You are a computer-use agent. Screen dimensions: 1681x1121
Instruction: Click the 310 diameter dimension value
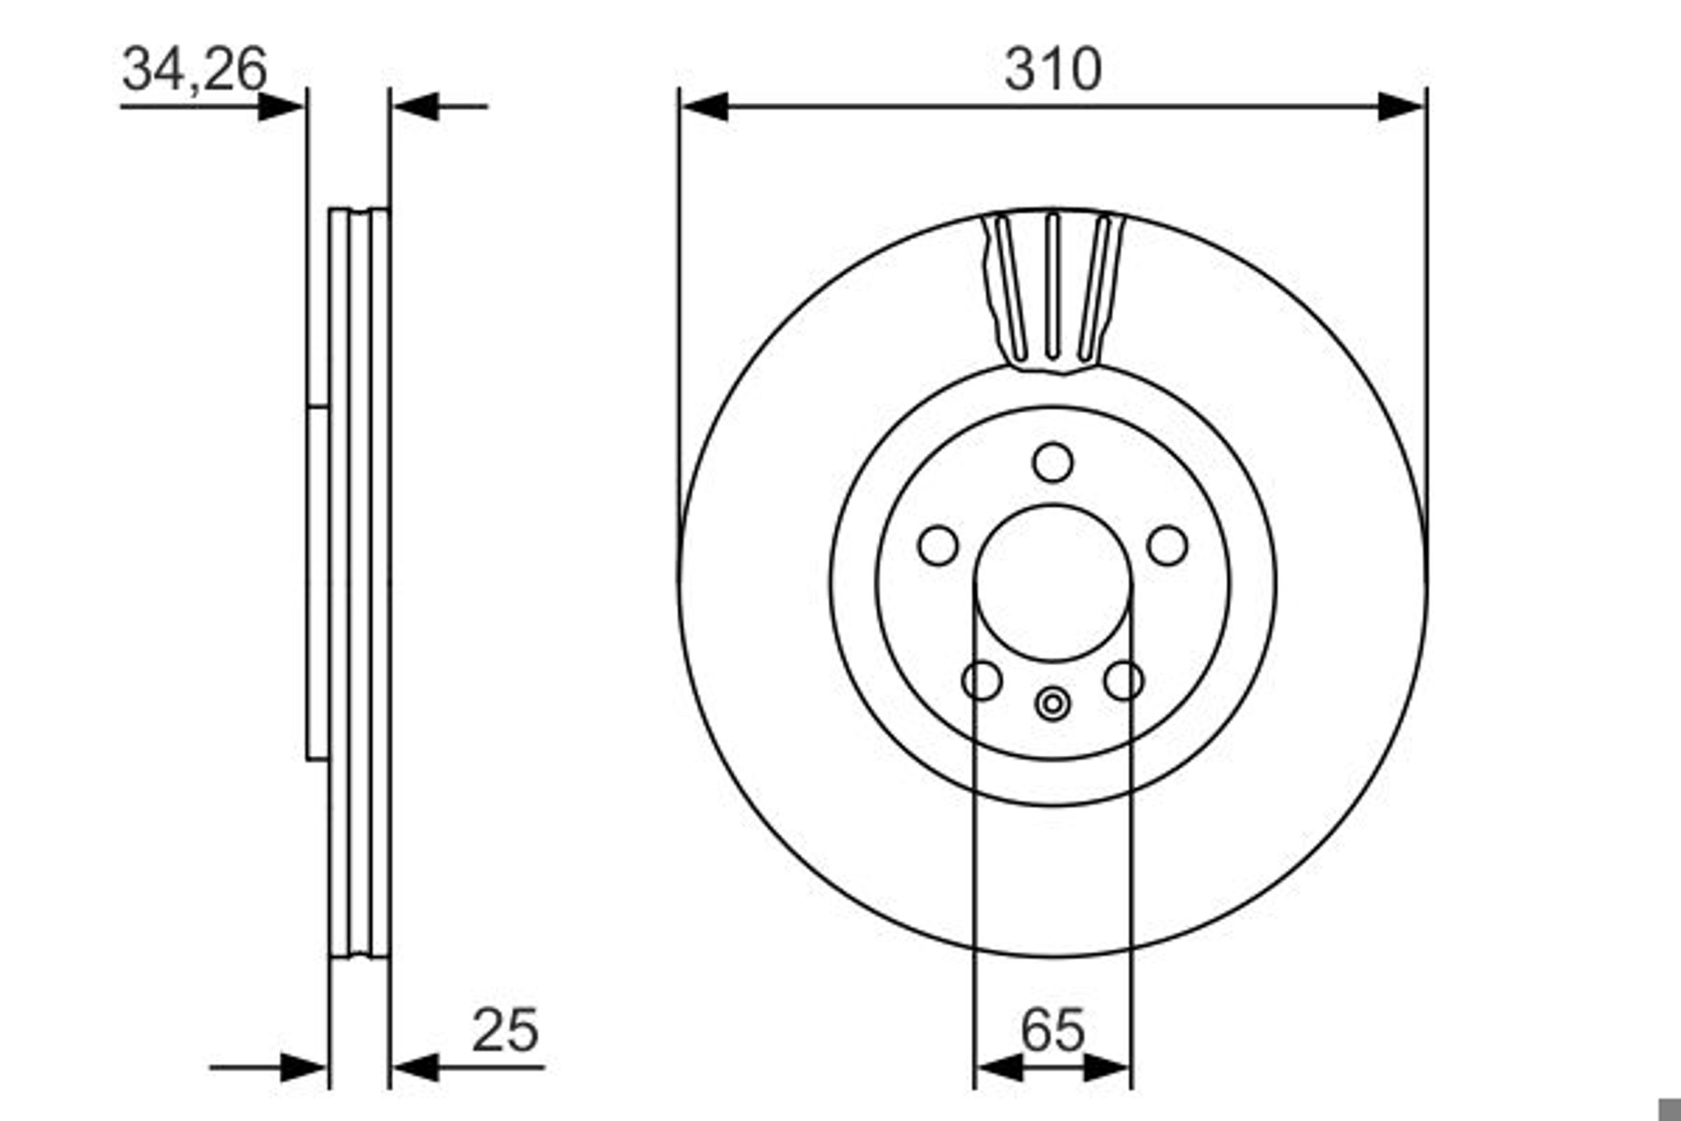pyautogui.click(x=1053, y=69)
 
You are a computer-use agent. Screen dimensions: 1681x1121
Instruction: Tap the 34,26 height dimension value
pyautogui.click(x=195, y=69)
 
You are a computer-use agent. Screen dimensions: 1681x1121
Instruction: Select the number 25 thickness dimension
pyautogui.click(x=505, y=1030)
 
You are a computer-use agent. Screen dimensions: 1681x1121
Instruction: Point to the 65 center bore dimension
pyautogui.click(x=1053, y=1030)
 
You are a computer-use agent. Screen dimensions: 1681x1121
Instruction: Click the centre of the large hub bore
pyautogui.click(x=1053, y=584)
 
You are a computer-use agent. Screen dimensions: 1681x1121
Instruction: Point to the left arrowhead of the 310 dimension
pyautogui.click(x=705, y=106)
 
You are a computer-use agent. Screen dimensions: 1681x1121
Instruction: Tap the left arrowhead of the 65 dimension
pyautogui.click(x=999, y=1068)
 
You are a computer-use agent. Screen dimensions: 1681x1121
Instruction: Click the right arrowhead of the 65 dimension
pyautogui.click(x=1107, y=1068)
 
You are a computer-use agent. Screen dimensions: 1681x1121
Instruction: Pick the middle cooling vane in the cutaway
pyautogui.click(x=1052, y=286)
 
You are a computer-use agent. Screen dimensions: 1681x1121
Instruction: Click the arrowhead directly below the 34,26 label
pyautogui.click(x=280, y=106)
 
